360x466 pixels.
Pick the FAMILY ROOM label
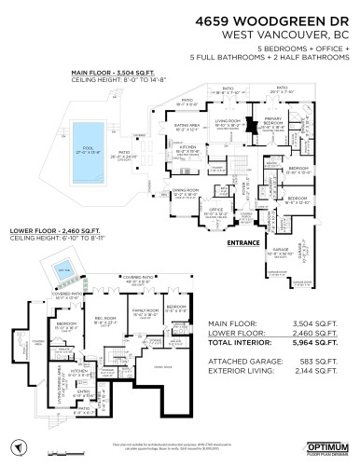[144, 310]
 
